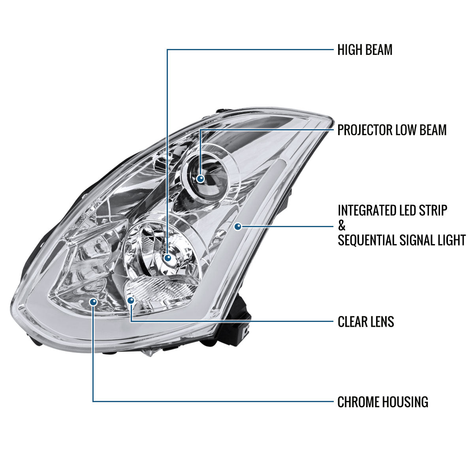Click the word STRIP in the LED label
click(434, 211)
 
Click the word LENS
click(383, 322)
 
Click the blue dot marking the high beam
click(169, 258)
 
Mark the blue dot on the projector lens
click(201, 179)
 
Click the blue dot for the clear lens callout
click(131, 300)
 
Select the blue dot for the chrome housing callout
click(93, 302)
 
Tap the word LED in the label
click(411, 211)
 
